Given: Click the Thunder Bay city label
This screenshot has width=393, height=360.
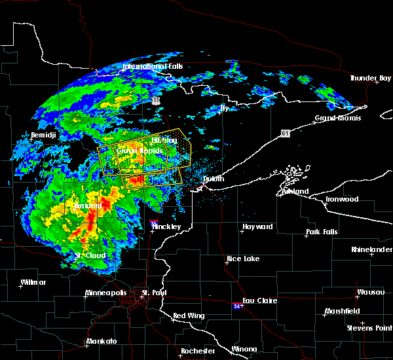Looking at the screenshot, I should pos(370,78).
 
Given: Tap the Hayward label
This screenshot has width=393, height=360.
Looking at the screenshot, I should pos(257,226).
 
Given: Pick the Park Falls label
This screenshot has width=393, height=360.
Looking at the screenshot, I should pos(321,233).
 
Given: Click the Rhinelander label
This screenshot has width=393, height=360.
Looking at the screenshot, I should pos(370,250).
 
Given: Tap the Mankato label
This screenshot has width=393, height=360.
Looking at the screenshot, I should pos(101,342).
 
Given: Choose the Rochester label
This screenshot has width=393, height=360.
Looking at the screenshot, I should pos(198,351).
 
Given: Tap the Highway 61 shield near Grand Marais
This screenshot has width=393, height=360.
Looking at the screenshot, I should pos(285,133).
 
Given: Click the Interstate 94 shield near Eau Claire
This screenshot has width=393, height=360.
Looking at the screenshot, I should pos(236,306).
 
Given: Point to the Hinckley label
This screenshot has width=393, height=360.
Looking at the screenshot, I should pos(168,226).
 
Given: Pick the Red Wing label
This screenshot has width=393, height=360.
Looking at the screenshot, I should pos(189,315).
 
